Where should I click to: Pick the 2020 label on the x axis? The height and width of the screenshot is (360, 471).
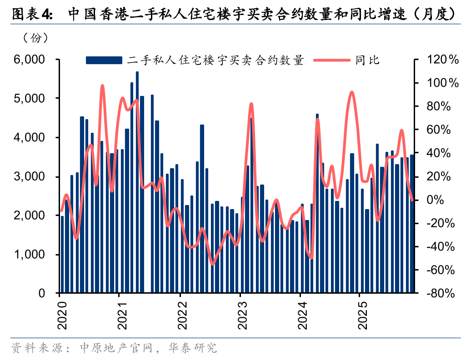pyautogui.click(x=60, y=314)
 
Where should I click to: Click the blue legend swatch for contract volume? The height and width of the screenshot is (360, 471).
pyautogui.click(x=104, y=60)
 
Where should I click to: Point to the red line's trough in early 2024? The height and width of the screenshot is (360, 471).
pyautogui.click(x=311, y=258)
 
